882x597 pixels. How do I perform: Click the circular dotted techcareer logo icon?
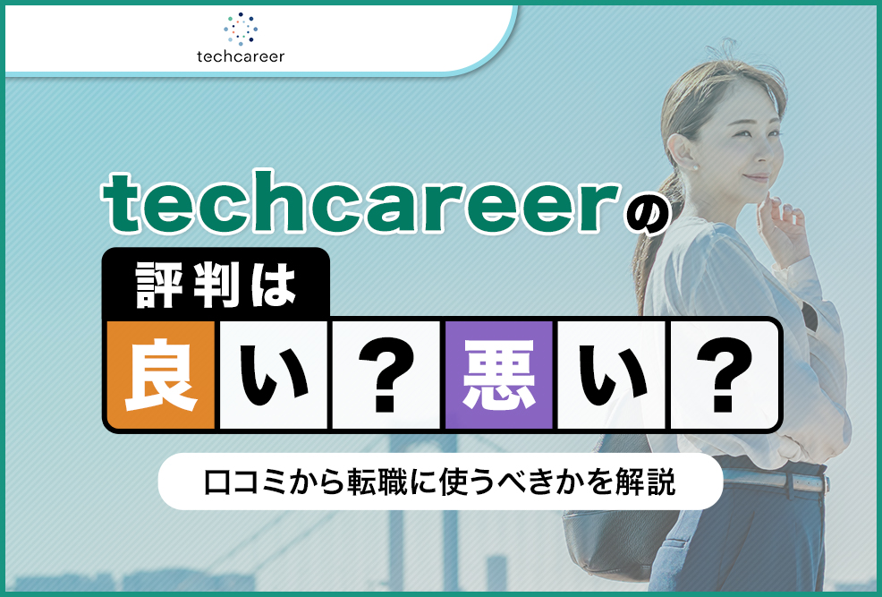click(241, 29)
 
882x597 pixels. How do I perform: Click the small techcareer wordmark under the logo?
click(241, 57)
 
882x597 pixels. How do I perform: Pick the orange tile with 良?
click(161, 375)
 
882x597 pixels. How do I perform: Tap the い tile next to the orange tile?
click(274, 375)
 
